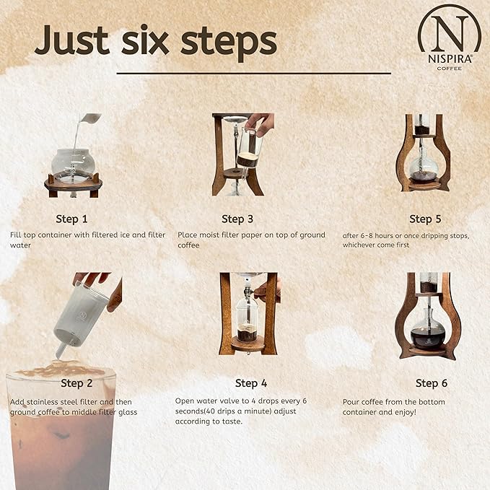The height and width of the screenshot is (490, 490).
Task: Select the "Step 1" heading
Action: click(72, 219)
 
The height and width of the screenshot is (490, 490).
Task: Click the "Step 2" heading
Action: click(82, 383)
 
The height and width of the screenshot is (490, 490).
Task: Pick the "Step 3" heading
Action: click(238, 219)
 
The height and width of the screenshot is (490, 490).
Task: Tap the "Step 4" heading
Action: click(251, 383)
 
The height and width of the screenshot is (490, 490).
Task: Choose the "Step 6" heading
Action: click(432, 383)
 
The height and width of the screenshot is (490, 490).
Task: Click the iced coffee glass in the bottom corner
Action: click(61, 433)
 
